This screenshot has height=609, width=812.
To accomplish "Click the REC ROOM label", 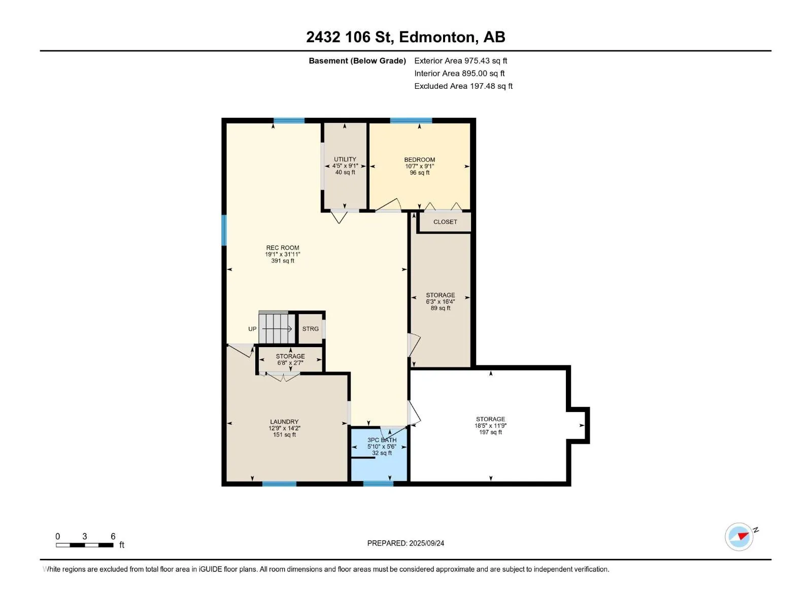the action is (x=283, y=248).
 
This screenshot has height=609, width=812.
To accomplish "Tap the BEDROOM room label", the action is (x=420, y=160).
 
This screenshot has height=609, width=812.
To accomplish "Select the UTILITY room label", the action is (x=345, y=159).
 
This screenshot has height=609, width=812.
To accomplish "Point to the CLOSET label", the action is (x=445, y=222).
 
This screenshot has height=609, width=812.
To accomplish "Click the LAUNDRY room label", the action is (x=284, y=422).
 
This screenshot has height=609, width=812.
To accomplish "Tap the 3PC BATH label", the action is (x=382, y=440).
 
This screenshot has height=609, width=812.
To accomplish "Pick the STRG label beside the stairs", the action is (x=311, y=329).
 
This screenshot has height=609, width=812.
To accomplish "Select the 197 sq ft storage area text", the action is (x=491, y=432).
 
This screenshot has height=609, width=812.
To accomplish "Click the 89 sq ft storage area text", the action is (x=440, y=308).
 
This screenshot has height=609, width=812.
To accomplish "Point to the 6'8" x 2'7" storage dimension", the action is (x=290, y=363).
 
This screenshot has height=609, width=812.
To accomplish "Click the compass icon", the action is (x=739, y=537).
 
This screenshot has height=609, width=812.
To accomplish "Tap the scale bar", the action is (x=85, y=545).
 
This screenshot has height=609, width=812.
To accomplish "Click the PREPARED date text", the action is (x=405, y=543).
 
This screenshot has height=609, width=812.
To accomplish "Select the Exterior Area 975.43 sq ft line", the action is (x=461, y=60).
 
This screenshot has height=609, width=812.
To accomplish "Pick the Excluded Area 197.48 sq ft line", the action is (x=463, y=86).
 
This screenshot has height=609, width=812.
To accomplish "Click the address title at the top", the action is (x=405, y=37).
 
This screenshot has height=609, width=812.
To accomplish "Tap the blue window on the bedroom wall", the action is (x=411, y=120).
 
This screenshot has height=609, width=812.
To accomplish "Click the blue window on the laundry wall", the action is (x=279, y=484).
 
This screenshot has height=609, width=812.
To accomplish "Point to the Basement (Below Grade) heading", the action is (x=357, y=60).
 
